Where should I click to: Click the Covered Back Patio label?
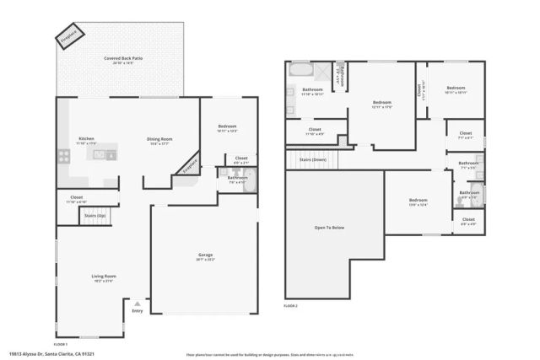(123, 60)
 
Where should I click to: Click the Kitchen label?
(86, 140)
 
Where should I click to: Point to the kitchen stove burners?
(62, 155)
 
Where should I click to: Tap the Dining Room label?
(159, 140)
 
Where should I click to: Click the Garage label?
(205, 256)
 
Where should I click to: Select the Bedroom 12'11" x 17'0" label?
(382, 104)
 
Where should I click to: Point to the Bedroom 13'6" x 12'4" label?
(414, 201)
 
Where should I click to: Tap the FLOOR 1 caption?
(61, 344)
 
